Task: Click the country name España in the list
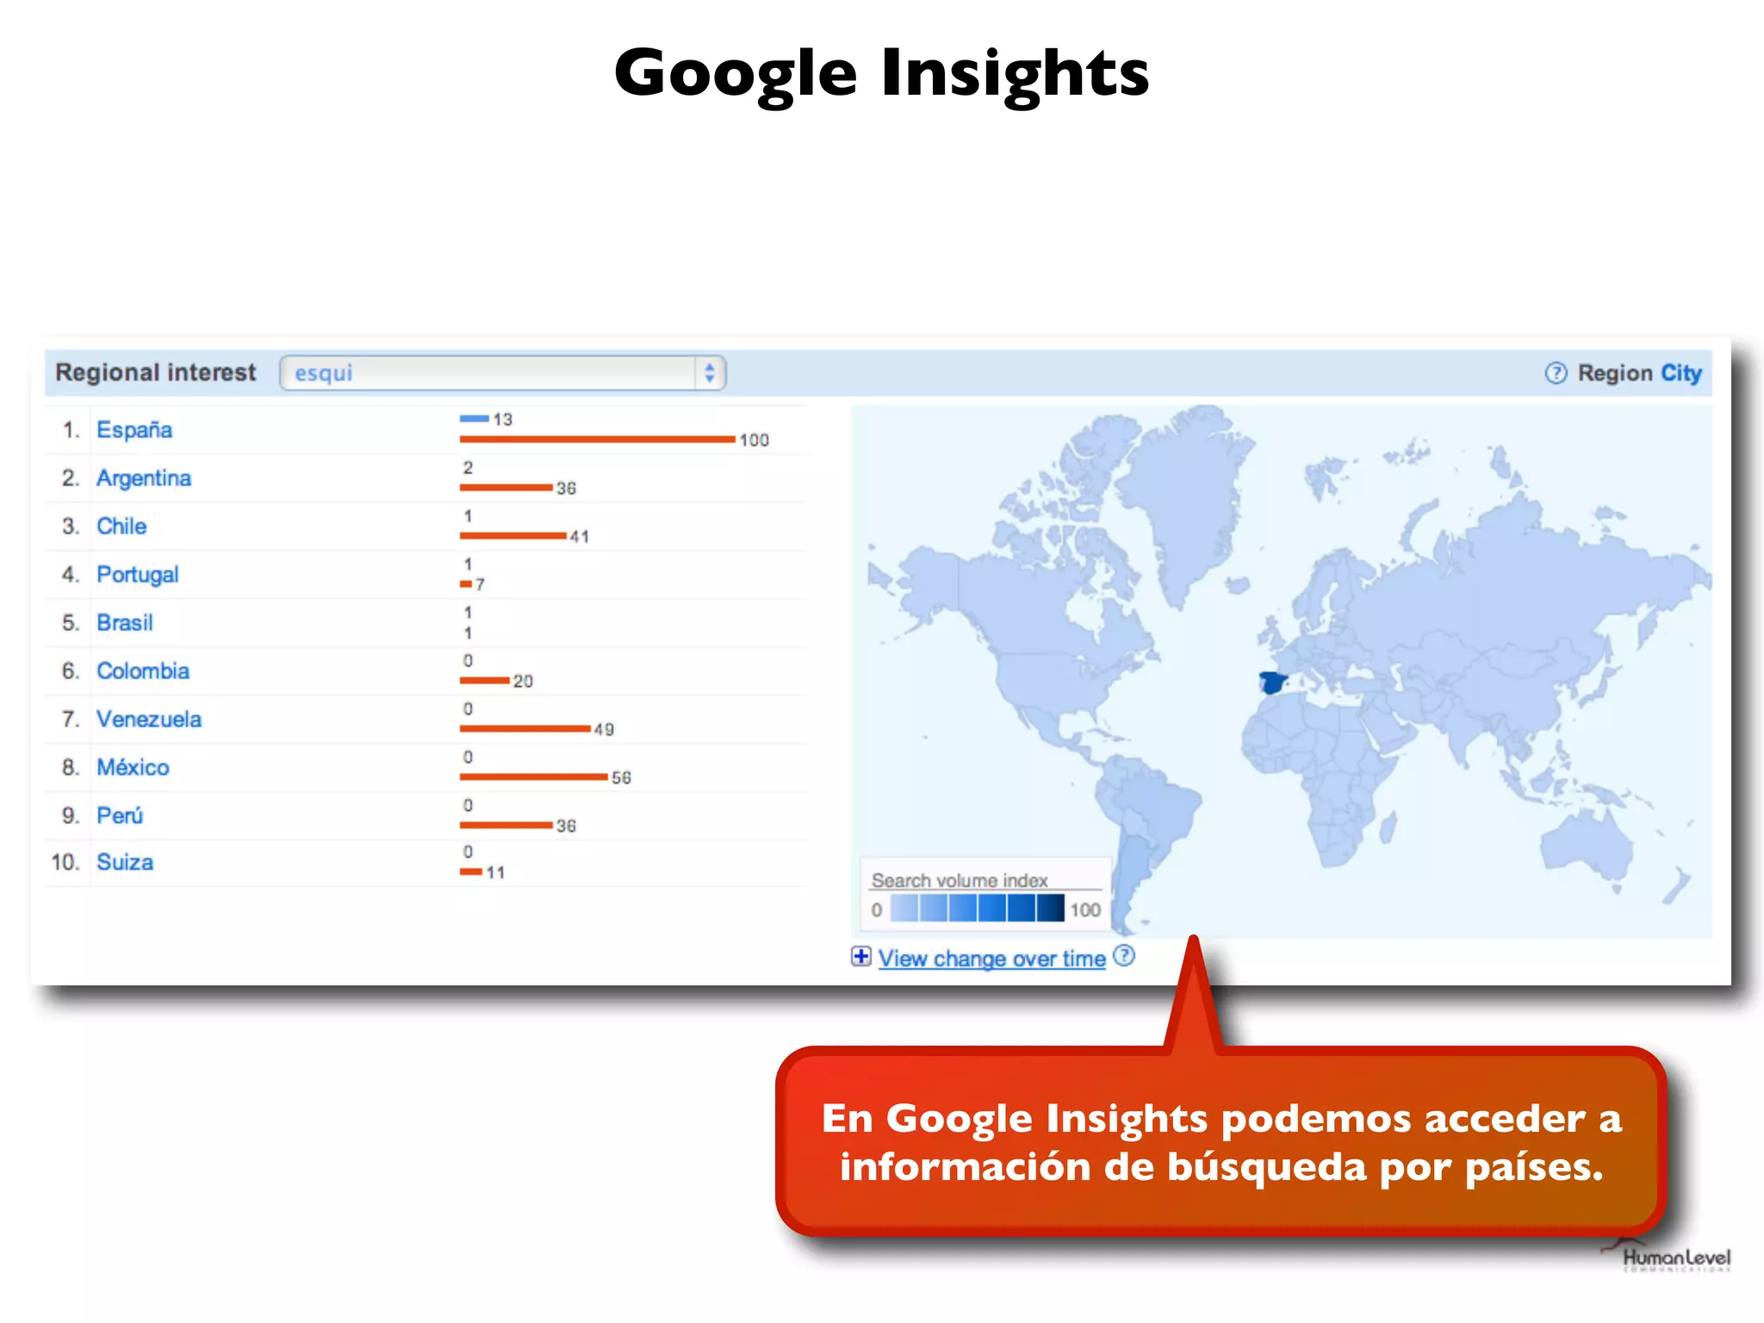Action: coord(134,430)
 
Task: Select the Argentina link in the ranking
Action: coord(144,478)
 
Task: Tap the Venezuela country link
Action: coord(149,719)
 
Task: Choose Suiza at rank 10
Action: coord(125,862)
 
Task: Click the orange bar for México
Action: coord(533,777)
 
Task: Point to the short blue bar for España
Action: coord(474,419)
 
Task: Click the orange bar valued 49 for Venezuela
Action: coord(525,729)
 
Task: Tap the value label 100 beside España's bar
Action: coord(754,440)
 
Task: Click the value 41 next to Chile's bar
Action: coord(579,537)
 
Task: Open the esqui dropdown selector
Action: coord(503,373)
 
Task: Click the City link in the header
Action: coord(1680,373)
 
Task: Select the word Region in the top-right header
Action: coord(1615,373)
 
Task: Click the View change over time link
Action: coord(991,959)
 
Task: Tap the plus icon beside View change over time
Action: coord(860,957)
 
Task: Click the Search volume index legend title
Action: coord(960,880)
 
